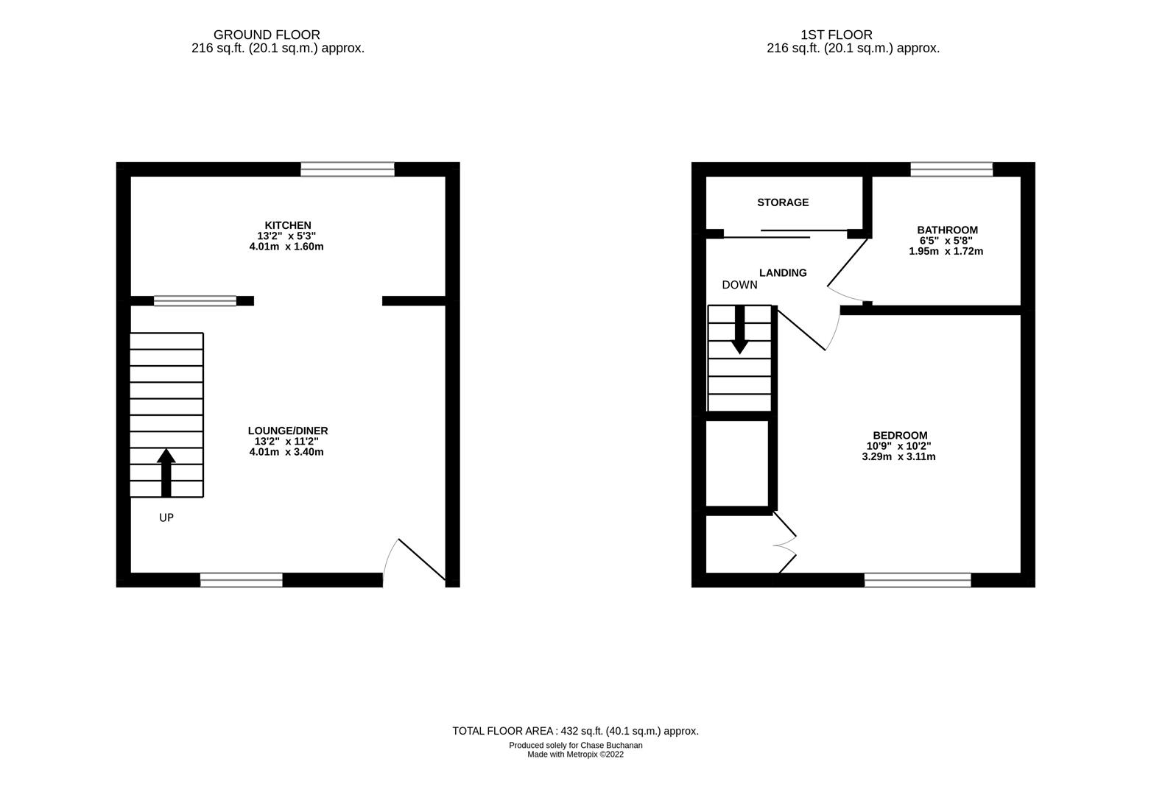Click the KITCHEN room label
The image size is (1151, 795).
click(288, 225)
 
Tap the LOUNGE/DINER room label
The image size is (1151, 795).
click(288, 431)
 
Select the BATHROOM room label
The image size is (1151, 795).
click(947, 230)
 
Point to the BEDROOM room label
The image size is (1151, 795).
click(900, 435)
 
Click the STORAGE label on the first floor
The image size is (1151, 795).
click(783, 202)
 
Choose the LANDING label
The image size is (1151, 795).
click(783, 273)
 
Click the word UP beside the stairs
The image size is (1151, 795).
click(166, 518)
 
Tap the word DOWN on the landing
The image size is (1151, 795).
click(739, 285)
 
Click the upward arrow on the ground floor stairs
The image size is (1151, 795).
click(166, 471)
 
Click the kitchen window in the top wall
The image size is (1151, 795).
click(347, 169)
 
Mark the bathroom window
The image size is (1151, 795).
click(951, 169)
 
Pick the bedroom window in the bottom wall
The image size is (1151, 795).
click(918, 580)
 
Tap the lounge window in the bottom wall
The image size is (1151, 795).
click(242, 580)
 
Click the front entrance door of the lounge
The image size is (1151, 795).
click(421, 561)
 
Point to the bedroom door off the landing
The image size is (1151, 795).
click(801, 328)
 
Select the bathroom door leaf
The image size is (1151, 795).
click(848, 261)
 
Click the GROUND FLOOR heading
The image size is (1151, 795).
click(267, 35)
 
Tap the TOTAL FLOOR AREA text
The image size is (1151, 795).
click(575, 731)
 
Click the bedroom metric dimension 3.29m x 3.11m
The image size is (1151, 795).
click(898, 456)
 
